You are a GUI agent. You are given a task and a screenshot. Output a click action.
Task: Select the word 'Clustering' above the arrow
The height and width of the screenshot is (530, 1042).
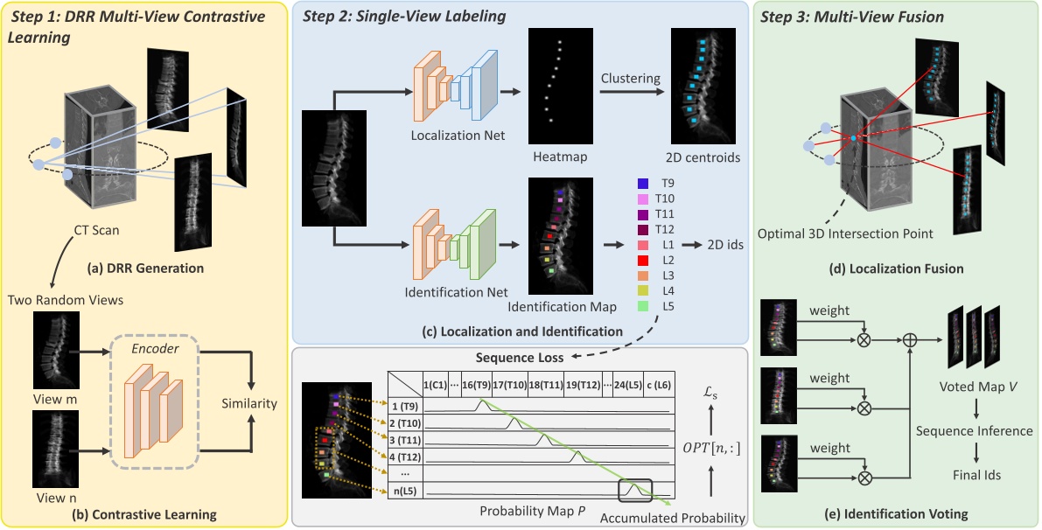pos(630,78)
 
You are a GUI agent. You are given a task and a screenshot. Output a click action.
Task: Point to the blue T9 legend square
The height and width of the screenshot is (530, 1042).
pos(643,185)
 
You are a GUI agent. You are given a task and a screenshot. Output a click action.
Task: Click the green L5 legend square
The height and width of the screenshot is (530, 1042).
pos(643,305)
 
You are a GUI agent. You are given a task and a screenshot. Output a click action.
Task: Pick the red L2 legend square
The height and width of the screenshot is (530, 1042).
pos(643,261)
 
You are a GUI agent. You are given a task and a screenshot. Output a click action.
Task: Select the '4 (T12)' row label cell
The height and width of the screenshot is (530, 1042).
pos(405,455)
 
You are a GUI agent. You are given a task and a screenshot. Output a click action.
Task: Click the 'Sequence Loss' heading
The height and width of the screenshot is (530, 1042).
pos(516,357)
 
